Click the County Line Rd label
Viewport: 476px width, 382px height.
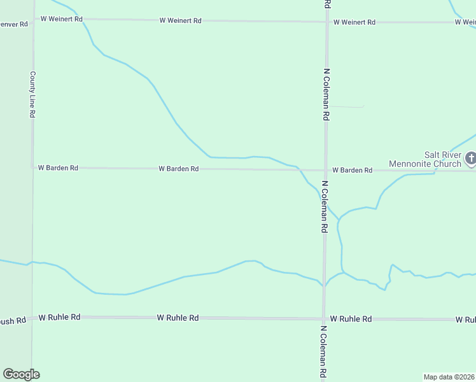point(32,94)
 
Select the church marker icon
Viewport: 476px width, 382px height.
point(470,157)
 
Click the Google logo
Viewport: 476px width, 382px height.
point(21,374)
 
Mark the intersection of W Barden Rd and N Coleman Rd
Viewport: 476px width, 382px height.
point(326,170)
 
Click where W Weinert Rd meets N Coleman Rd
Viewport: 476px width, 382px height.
point(327,22)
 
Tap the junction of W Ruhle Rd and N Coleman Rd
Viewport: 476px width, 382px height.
point(324,318)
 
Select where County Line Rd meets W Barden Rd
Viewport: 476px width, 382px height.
point(32,167)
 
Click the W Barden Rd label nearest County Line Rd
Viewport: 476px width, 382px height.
point(58,168)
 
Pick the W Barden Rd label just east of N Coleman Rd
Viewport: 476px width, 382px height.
point(352,170)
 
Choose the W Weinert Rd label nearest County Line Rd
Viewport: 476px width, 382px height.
point(62,19)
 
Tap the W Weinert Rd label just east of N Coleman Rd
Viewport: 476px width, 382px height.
point(354,22)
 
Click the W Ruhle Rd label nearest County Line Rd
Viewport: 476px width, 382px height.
point(60,316)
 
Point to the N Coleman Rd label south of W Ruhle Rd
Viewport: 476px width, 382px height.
point(323,352)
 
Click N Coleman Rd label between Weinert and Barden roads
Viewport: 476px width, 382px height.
point(326,95)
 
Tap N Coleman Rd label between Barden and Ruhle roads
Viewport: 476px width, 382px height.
point(325,206)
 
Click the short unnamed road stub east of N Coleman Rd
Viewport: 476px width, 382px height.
point(347,106)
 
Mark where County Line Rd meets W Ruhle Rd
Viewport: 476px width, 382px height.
point(32,316)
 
